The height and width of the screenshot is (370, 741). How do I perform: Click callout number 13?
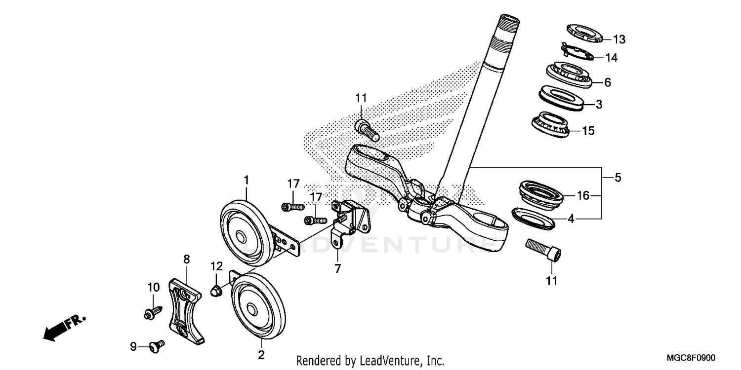[x=619, y=39]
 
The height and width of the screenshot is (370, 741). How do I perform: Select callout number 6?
[x=607, y=82]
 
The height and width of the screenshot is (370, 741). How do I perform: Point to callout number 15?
[x=588, y=131]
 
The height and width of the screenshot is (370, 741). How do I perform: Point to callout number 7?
[x=337, y=269]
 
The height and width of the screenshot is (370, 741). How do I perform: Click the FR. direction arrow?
[x=63, y=327]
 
